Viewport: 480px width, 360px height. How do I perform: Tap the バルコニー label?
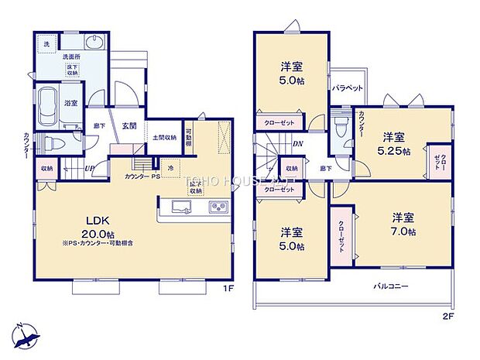(393, 286)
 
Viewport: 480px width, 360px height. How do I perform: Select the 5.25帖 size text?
(394, 151)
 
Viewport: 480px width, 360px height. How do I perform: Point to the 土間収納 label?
(163, 138)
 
